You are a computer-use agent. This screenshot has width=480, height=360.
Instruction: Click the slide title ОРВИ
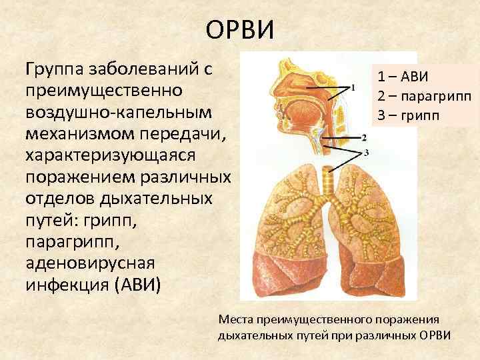tap(239, 29)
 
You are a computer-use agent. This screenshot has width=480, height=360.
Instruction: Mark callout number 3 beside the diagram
tap(367, 153)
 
